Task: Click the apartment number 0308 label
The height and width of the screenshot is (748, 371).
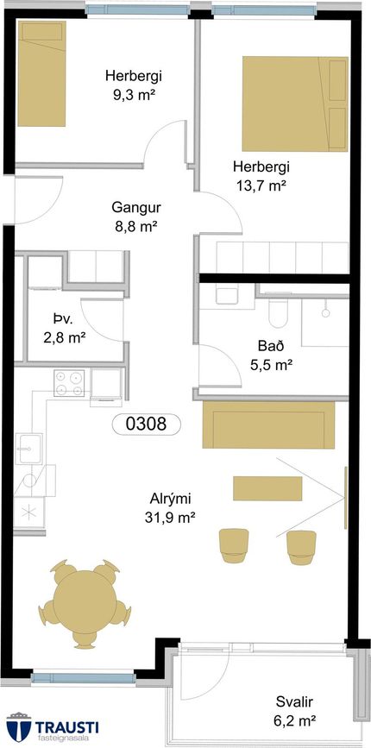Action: pyautogui.click(x=146, y=424)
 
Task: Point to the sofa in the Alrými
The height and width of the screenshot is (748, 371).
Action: pyautogui.click(x=268, y=425)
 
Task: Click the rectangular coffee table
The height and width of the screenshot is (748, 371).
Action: pyautogui.click(x=267, y=487)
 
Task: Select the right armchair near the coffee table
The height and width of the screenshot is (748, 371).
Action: pyautogui.click(x=300, y=544)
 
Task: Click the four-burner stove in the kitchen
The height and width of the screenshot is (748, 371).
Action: pyautogui.click(x=69, y=384)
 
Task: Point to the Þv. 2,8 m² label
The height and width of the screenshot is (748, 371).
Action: pyautogui.click(x=64, y=330)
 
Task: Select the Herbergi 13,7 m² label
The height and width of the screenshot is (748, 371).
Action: pyautogui.click(x=261, y=175)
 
